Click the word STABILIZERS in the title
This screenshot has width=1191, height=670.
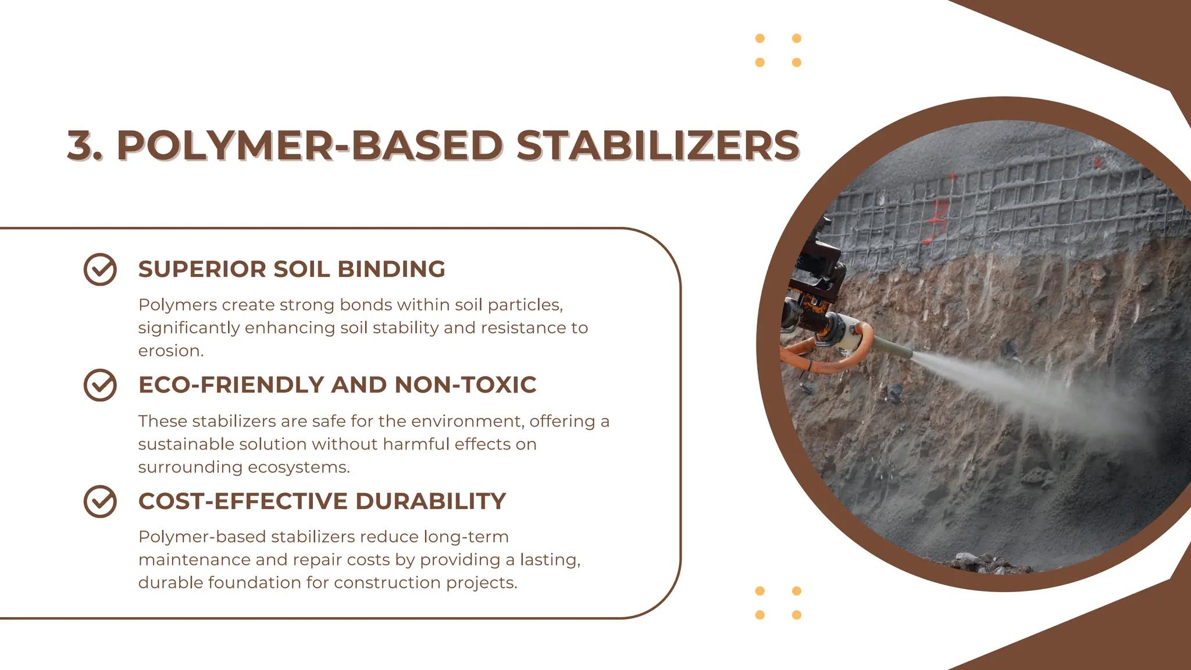(658, 145)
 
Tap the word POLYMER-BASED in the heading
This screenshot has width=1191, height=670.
(309, 145)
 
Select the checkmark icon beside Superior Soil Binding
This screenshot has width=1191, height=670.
(100, 269)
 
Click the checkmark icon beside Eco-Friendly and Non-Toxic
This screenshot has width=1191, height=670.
(100, 385)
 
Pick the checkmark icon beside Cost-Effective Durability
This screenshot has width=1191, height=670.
(100, 501)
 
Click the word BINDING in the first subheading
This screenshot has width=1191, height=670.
(391, 269)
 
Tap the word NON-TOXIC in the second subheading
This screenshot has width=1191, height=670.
(465, 385)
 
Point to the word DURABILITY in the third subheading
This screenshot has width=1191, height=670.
(430, 501)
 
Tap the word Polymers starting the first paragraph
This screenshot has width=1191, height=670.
(177, 305)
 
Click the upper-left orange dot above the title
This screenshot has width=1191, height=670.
(759, 38)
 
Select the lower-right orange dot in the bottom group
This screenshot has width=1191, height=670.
(797, 615)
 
